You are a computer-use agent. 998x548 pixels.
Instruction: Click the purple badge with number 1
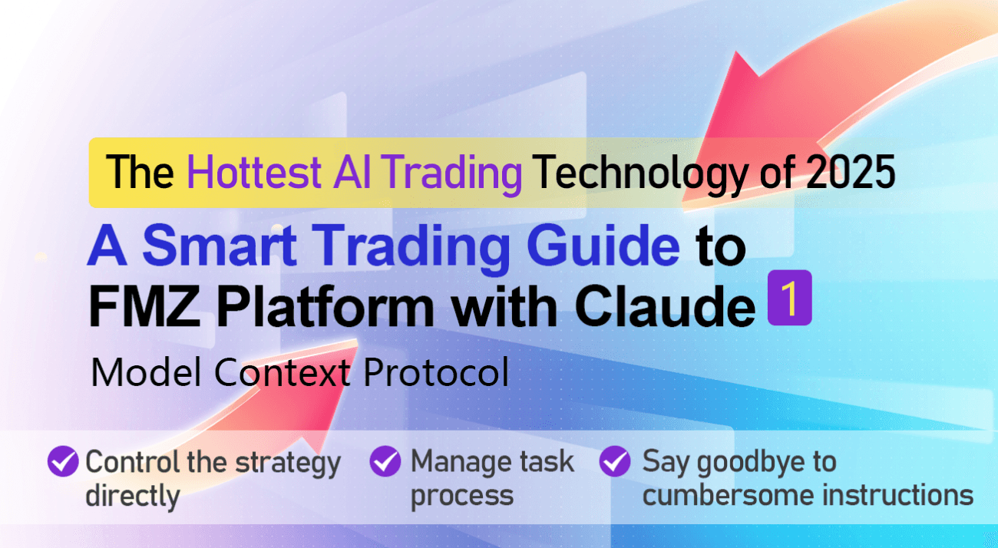[789, 298]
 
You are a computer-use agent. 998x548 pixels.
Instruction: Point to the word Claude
[665, 306]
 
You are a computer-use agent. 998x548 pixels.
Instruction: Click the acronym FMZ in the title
[145, 306]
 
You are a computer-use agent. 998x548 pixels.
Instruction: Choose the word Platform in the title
[326, 306]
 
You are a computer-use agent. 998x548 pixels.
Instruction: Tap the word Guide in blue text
[603, 246]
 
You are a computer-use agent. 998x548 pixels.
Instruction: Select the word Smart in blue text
[220, 246]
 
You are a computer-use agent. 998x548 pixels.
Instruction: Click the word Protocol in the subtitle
[436, 372]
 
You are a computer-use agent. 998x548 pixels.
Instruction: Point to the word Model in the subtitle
[146, 372]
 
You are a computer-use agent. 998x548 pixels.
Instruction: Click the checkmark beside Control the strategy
[63, 461]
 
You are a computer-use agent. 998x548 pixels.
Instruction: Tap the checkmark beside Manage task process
[385, 461]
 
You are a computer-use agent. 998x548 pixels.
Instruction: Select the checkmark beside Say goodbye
[615, 461]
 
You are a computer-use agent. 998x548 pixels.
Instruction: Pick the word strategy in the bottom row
[288, 464]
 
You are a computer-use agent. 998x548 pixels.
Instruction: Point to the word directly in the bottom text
[133, 497]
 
